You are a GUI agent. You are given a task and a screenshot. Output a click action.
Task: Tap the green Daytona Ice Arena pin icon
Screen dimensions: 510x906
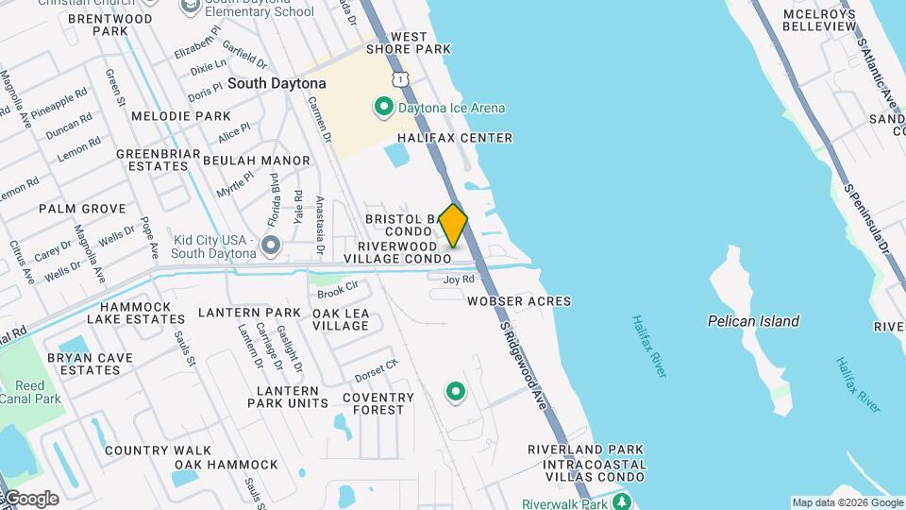pos(384,107)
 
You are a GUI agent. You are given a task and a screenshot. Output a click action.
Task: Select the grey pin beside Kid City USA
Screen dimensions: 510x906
pos(272,246)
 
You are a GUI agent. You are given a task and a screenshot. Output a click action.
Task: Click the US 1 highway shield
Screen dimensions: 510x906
pos(402,79)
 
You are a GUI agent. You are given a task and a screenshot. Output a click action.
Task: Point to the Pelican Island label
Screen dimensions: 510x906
pos(753,321)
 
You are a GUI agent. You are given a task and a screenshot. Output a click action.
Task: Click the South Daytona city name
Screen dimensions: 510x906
pos(277,83)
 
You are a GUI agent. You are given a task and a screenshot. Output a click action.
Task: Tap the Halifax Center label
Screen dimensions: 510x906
pos(455,138)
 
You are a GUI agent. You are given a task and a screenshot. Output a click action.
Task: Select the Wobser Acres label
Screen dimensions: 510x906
pos(519,301)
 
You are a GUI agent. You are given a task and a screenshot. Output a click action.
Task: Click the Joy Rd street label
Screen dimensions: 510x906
pos(459,279)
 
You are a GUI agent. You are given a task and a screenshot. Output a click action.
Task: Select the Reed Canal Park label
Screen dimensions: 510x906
pos(30,392)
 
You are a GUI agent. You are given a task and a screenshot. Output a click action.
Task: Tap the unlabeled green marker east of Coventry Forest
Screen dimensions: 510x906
pos(457,390)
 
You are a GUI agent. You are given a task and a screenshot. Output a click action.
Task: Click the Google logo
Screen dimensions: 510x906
pos(31,499)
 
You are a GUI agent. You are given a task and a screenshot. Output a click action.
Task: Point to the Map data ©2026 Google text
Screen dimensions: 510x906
pos(847,502)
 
